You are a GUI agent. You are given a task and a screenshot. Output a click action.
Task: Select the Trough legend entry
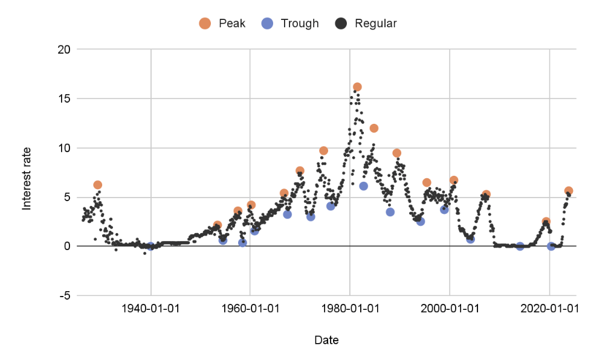[291, 24]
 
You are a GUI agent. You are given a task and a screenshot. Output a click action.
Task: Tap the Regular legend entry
[367, 24]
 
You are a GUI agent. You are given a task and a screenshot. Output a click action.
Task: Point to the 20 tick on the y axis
[63, 50]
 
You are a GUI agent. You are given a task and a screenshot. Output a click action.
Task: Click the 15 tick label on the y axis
[63, 98]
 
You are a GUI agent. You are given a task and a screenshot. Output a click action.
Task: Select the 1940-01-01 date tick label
[150, 308]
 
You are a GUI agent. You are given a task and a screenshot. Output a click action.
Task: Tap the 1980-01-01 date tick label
[350, 308]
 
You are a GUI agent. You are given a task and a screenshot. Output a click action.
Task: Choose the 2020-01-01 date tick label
[549, 308]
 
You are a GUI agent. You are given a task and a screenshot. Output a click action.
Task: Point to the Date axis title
[326, 340]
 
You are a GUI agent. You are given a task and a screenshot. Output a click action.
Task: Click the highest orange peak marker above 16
[357, 87]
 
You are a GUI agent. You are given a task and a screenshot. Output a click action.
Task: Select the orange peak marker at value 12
[374, 128]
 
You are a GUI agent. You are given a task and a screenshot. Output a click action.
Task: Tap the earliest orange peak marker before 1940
[98, 185]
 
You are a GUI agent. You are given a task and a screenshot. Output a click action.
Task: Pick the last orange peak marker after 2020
[569, 191]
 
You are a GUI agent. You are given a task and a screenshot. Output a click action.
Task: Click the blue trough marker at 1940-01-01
[150, 246]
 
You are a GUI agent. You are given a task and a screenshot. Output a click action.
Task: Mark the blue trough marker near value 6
[364, 186]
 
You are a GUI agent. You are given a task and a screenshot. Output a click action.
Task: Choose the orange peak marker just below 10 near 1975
[324, 150]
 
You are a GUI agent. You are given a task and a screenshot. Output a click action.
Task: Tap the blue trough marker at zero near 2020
[551, 246]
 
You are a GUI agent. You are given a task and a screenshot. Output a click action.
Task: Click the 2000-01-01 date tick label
[450, 308]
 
